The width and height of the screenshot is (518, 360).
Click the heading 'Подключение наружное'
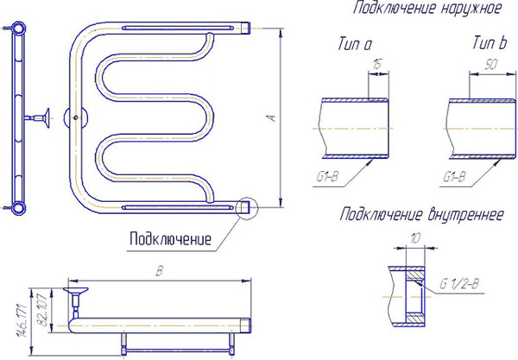coord(426,9)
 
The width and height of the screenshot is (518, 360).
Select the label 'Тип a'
coord(355,44)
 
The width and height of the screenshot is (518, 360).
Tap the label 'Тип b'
coord(490,43)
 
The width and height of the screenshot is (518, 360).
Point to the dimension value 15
coord(377,64)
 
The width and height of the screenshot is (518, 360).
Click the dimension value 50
coord(491,64)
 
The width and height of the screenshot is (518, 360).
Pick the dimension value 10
coord(415,237)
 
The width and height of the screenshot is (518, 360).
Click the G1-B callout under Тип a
coord(327,177)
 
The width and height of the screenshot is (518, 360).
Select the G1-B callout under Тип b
coord(454,177)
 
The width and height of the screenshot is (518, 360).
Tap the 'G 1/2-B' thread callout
coord(459,284)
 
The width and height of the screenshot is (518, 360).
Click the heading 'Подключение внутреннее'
coord(422,214)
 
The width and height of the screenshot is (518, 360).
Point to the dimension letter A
coord(273,118)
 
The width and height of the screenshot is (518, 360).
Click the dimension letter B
coord(159,271)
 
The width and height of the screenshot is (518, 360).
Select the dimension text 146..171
coord(22,320)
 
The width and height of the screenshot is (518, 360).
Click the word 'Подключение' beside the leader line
coord(170,239)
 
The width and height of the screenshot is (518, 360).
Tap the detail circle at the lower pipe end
coord(246,208)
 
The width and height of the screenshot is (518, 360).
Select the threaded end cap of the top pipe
coord(245,28)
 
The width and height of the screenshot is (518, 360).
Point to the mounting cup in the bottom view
coord(76,291)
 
